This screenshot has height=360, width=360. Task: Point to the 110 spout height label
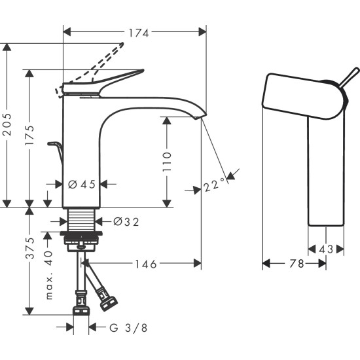(167, 162)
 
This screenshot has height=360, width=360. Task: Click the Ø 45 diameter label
(82, 184)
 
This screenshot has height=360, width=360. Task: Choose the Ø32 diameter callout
(126, 221)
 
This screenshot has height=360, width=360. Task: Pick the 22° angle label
(213, 186)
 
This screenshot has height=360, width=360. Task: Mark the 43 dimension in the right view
(326, 249)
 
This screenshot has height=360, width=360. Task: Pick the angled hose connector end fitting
(108, 303)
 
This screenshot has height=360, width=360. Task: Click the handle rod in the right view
(347, 77)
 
